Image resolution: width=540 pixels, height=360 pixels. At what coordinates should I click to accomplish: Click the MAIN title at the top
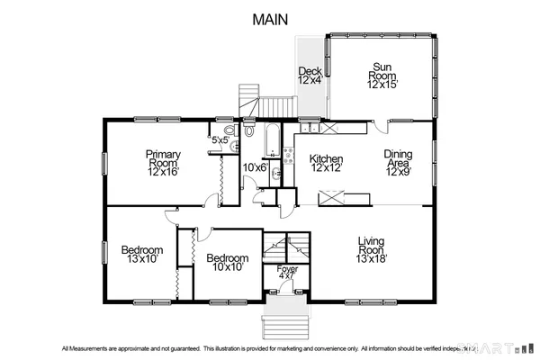click(270, 19)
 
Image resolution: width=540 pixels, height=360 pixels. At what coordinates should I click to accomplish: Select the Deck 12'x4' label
click(310, 76)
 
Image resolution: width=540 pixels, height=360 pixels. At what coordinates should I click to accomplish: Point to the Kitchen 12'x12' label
click(328, 161)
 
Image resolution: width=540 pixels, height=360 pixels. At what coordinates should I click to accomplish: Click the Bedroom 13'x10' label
click(142, 254)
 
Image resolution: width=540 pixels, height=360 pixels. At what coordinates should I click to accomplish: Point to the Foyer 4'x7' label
click(287, 273)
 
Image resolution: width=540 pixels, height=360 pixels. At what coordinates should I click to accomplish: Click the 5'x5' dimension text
click(219, 140)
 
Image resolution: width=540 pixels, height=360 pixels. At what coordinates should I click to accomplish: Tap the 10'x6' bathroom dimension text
click(255, 166)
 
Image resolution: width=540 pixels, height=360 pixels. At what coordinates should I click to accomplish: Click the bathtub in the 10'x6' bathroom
click(269, 139)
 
